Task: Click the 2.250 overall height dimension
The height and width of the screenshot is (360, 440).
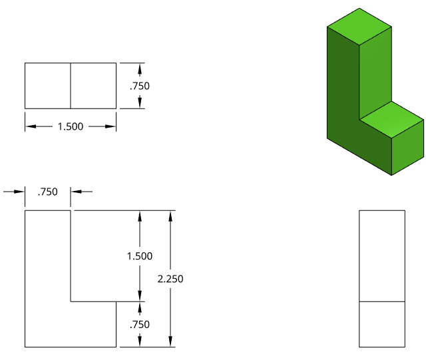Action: tap(170, 279)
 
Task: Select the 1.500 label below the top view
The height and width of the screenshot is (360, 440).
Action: tap(70, 126)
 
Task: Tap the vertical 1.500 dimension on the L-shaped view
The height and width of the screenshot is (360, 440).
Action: tap(140, 256)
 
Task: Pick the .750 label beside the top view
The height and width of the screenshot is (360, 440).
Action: tap(140, 86)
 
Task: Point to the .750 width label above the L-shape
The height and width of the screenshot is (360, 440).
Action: tap(48, 192)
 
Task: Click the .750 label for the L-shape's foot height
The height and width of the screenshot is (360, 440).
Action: tap(140, 325)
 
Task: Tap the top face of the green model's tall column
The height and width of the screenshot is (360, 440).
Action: tap(359, 27)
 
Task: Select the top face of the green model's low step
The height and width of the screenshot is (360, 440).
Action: tap(391, 118)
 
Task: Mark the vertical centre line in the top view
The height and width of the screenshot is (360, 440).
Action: tap(71, 86)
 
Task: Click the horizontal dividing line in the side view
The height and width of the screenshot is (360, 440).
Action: tap(381, 301)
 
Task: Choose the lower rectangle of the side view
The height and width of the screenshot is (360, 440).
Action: tap(381, 324)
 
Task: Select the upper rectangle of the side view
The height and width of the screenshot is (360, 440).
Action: tap(381, 256)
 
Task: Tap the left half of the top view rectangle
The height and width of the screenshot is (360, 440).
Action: tap(48, 86)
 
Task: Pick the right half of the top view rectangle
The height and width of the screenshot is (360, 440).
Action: tap(93, 86)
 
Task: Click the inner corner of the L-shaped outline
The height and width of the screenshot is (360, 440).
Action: tap(71, 301)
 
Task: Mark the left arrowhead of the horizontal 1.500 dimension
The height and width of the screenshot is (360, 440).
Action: tap(30, 126)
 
